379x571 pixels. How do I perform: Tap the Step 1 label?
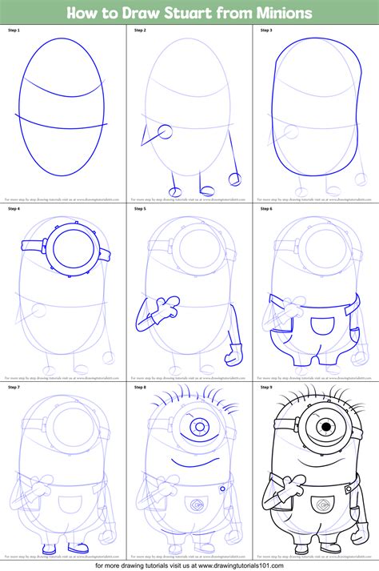[x=14, y=30]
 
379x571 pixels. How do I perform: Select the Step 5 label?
[x=140, y=210]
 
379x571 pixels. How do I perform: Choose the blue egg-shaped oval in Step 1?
[x=63, y=106]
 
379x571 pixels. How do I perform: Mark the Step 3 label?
[x=266, y=30]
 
